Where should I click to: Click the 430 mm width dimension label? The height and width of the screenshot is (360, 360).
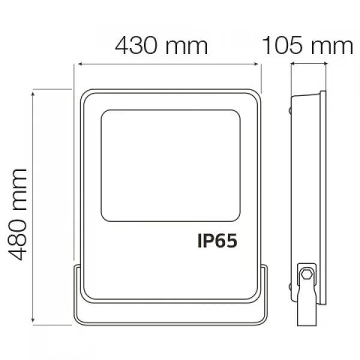pos(161,46)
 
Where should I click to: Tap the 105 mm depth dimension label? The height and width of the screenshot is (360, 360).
pos(307,46)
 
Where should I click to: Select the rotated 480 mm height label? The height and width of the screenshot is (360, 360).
pos(17,215)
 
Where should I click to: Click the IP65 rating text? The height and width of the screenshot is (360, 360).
pos(217,241)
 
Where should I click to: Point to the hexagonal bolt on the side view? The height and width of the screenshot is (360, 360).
pos(306,274)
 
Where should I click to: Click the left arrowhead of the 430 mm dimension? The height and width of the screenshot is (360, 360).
pos(80,64)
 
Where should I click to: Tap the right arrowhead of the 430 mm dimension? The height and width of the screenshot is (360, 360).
pos(256,64)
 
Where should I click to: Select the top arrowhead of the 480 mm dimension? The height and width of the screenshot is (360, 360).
pos(33,94)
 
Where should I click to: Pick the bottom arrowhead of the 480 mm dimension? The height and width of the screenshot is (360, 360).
pos(33,320)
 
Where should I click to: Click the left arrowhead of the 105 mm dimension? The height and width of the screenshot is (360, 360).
pos(293,64)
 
